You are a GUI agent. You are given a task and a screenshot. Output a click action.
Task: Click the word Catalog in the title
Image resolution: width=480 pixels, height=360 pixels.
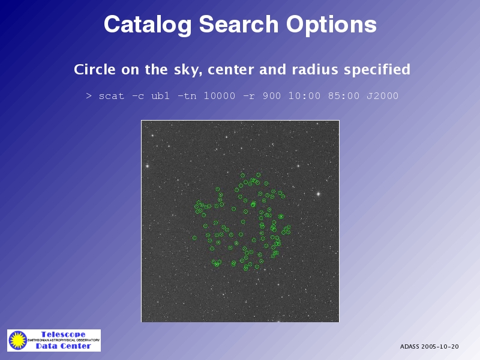click(x=148, y=25)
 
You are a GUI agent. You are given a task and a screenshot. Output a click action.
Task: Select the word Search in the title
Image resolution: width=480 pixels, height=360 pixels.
click(x=239, y=24)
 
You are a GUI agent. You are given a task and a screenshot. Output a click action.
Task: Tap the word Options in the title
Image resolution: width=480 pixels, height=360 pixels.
click(x=331, y=25)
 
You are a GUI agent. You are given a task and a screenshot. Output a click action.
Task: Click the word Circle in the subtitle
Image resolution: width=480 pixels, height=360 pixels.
click(x=95, y=70)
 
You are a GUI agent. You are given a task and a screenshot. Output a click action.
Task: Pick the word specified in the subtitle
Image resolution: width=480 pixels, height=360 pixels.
click(x=377, y=70)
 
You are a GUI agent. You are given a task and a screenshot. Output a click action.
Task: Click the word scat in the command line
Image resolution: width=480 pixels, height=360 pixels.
click(x=112, y=96)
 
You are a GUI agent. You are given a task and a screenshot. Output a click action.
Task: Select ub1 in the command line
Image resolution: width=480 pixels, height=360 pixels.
click(x=160, y=96)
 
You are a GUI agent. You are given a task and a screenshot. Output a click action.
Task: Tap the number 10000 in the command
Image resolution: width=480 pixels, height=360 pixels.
click(x=220, y=96)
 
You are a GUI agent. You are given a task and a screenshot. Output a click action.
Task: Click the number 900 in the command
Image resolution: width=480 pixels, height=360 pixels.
click(x=272, y=96)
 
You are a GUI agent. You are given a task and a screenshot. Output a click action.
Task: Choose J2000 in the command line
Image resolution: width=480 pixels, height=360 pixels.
click(x=382, y=96)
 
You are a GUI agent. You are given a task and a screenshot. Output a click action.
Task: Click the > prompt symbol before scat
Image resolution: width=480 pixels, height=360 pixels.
click(x=89, y=96)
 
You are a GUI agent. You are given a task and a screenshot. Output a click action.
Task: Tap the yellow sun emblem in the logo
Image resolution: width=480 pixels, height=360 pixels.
click(x=18, y=340)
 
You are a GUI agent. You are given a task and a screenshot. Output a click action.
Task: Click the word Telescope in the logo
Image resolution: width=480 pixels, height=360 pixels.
click(x=64, y=334)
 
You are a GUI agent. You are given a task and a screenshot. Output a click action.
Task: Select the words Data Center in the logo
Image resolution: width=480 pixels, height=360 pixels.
click(x=64, y=346)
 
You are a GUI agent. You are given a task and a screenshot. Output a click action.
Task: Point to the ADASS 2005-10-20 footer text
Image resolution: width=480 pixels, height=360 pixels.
click(x=429, y=347)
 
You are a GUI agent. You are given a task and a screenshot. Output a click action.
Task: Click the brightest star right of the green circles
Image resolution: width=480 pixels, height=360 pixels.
click(x=319, y=194)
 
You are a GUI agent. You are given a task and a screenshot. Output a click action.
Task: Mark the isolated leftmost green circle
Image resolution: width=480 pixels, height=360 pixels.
click(x=194, y=238)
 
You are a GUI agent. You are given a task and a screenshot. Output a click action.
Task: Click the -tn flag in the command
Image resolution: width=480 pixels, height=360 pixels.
click(x=187, y=96)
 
